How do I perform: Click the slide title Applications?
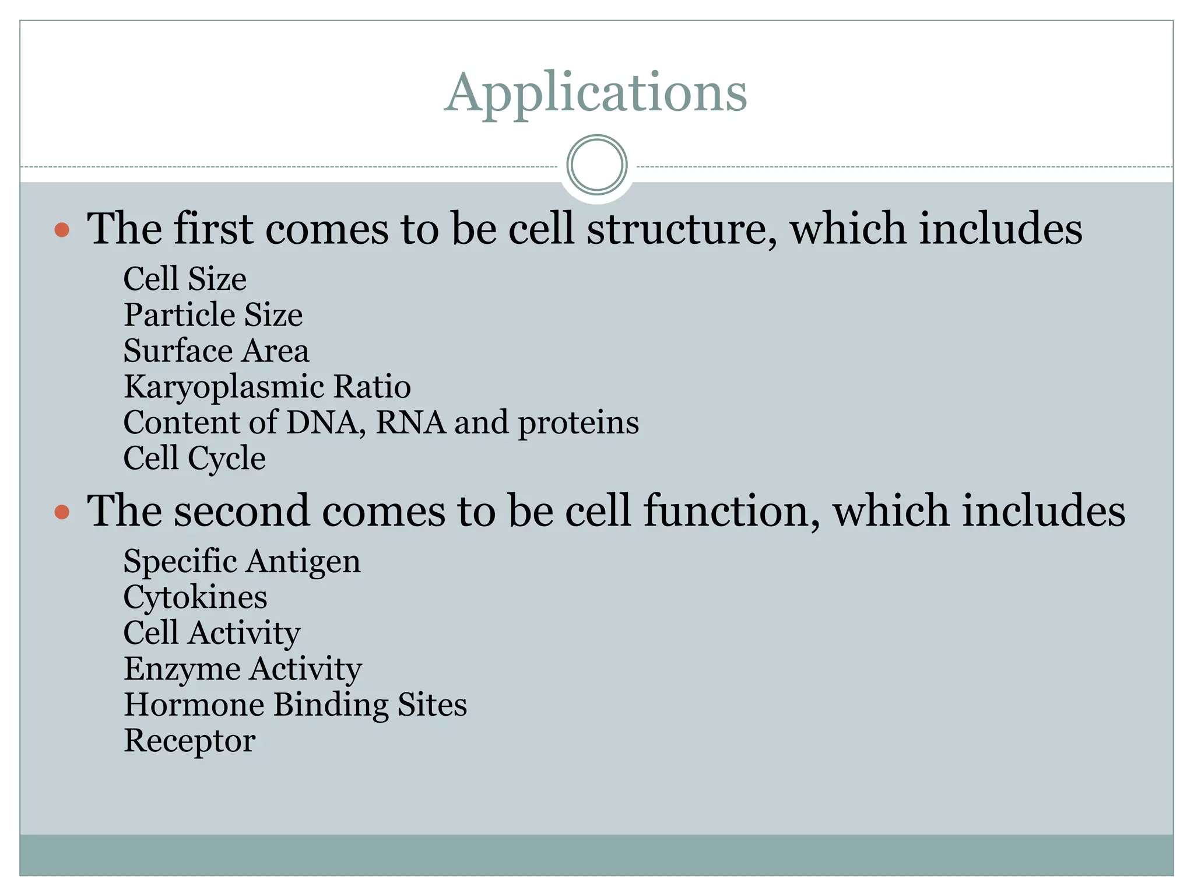[595, 93]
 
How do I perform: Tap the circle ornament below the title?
[596, 165]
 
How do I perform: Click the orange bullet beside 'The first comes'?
[62, 230]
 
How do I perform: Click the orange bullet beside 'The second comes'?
[62, 513]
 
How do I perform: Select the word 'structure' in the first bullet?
[680, 229]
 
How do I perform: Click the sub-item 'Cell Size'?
[185, 279]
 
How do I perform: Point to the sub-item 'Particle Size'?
[213, 315]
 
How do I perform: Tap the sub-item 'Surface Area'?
[216, 351]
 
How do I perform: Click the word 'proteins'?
[578, 423]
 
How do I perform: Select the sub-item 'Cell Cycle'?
[194, 459]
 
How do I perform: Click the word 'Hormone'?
[194, 705]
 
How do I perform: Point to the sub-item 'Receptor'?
[189, 741]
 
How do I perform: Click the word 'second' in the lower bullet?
[241, 512]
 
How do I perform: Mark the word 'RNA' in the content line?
[410, 422]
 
